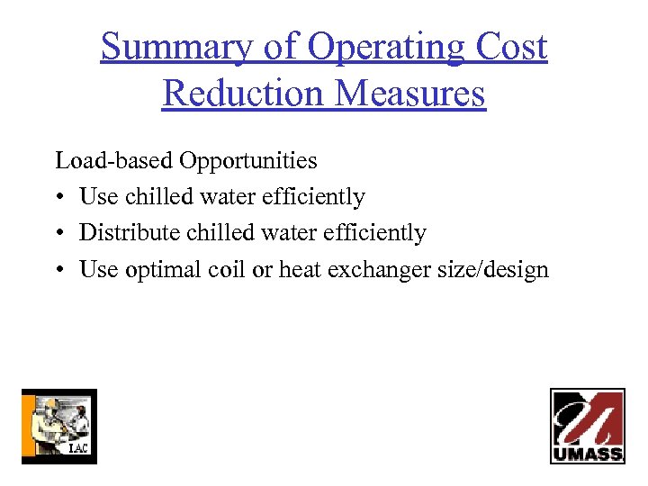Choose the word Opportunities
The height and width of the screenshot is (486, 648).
[x=247, y=162]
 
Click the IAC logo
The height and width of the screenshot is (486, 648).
[x=58, y=426]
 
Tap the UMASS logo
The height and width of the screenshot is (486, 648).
[x=588, y=426]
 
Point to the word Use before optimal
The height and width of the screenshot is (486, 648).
[x=97, y=269]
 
